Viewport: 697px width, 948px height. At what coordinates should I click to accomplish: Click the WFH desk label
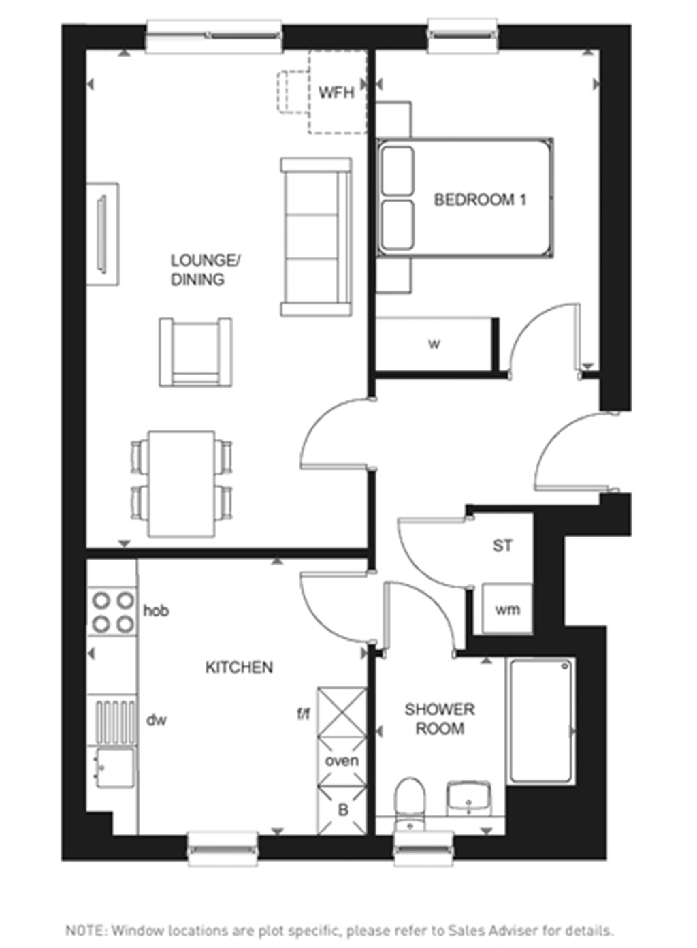[336, 92]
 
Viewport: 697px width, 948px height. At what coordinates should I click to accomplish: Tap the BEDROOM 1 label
[480, 200]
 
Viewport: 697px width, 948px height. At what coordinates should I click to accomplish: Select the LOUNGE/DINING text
[205, 270]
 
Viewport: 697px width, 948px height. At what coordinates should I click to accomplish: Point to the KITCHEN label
[239, 667]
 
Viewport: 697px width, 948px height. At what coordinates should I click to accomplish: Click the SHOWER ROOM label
[440, 719]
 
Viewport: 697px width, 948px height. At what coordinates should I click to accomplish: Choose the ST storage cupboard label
[502, 546]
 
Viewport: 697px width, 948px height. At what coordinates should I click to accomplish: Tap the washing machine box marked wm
[507, 609]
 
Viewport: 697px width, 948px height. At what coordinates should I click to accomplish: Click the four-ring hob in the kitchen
[113, 612]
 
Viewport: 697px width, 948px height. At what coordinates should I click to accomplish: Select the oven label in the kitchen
[342, 761]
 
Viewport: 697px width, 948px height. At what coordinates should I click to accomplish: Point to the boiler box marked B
[343, 810]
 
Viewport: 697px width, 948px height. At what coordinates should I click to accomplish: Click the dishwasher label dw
[156, 720]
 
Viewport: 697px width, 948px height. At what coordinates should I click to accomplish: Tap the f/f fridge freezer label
[304, 714]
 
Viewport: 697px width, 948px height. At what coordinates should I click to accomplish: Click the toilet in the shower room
[409, 800]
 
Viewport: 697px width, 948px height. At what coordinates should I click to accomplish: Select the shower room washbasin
[469, 798]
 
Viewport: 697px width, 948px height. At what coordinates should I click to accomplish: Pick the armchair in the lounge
[195, 352]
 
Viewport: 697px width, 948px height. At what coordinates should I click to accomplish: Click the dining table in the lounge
[182, 484]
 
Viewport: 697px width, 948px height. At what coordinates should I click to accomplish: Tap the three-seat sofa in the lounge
[316, 236]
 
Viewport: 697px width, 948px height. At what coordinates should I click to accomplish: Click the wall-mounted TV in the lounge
[103, 234]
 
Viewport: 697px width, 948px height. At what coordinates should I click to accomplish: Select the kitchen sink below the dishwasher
[114, 768]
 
